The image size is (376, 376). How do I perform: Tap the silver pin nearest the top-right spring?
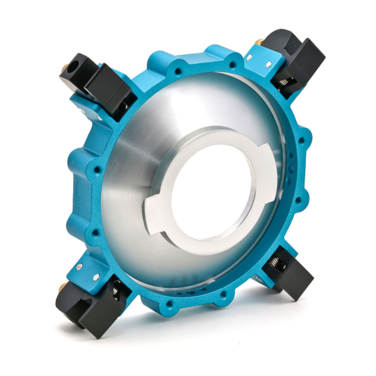click(x=268, y=65)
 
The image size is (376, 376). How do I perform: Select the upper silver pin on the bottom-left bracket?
click(x=79, y=267)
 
